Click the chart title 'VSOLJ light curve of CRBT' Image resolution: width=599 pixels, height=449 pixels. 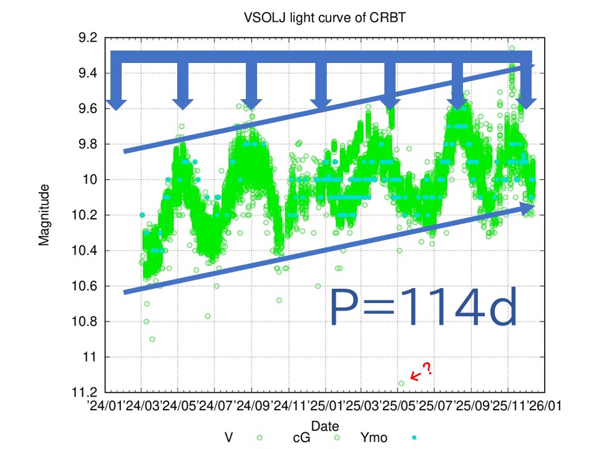pos(324,17)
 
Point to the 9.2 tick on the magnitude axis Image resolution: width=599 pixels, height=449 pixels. pos(87,38)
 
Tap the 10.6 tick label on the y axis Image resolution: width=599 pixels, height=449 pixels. pos(84,286)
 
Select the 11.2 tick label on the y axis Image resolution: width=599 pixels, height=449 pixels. pos(84,392)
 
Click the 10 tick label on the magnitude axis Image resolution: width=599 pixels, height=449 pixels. pos(90,180)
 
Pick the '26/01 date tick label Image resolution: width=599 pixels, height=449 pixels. pos(544,405)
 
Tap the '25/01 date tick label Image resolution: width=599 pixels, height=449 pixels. pos(326,405)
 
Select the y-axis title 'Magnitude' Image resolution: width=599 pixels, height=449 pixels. pos(44,215)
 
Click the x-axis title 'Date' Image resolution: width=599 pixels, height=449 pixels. pos(324,426)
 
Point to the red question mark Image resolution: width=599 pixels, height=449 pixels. pos(428,369)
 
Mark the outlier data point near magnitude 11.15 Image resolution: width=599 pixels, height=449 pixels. pos(401,383)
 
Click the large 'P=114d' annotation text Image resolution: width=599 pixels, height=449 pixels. pos(423,306)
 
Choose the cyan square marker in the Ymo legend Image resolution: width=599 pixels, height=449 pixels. pos(414,438)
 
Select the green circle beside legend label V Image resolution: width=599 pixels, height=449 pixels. pos(260,438)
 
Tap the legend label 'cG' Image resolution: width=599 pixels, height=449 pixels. pos(301,438)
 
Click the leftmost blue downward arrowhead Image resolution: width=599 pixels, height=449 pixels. pos(116,105)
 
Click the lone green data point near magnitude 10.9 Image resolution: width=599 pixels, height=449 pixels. pos(152,339)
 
